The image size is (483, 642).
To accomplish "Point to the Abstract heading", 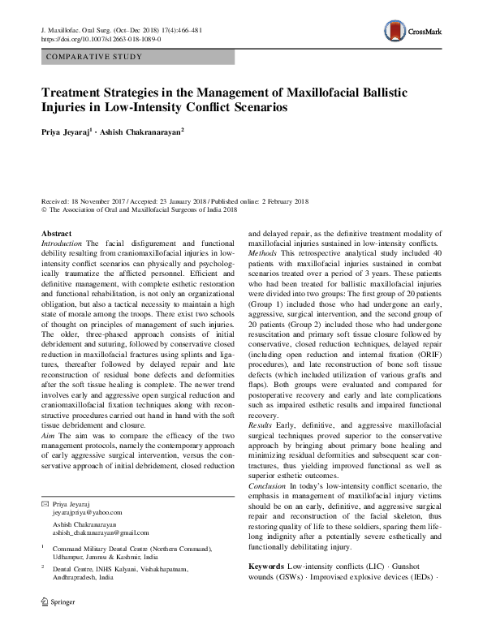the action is point(55,234).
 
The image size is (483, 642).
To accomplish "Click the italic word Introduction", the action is point(61,243).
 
